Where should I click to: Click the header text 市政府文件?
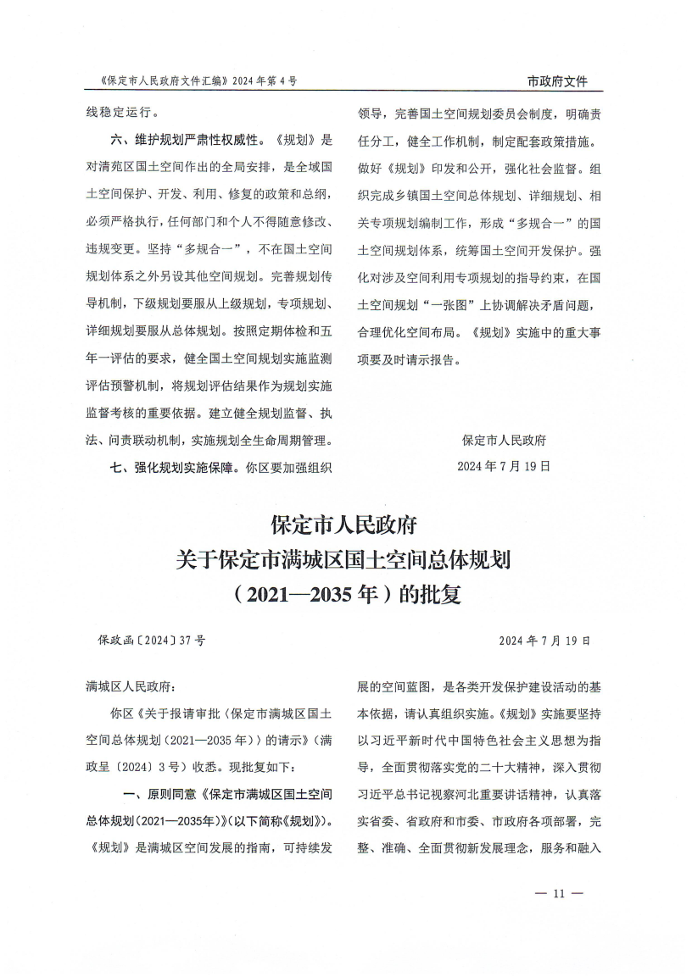[557, 82]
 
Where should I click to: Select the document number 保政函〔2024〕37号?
[152, 641]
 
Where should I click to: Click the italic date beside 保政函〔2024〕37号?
[544, 641]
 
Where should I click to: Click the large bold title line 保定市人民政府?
[345, 525]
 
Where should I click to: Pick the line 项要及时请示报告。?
[408, 358]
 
